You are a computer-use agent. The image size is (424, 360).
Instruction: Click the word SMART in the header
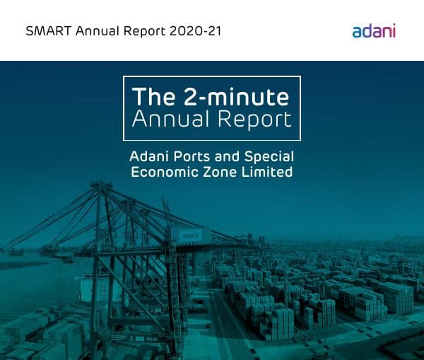[x=44, y=31]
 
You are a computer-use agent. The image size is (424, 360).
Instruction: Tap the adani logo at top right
[x=374, y=30]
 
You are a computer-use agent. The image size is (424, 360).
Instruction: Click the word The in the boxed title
[x=153, y=96]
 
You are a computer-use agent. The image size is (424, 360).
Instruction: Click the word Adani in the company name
[x=148, y=156]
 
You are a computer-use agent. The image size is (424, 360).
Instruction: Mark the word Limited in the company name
[x=268, y=172]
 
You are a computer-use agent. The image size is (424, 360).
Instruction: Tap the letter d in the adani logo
[x=366, y=30]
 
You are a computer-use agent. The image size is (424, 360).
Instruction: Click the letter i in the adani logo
[x=394, y=30]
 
